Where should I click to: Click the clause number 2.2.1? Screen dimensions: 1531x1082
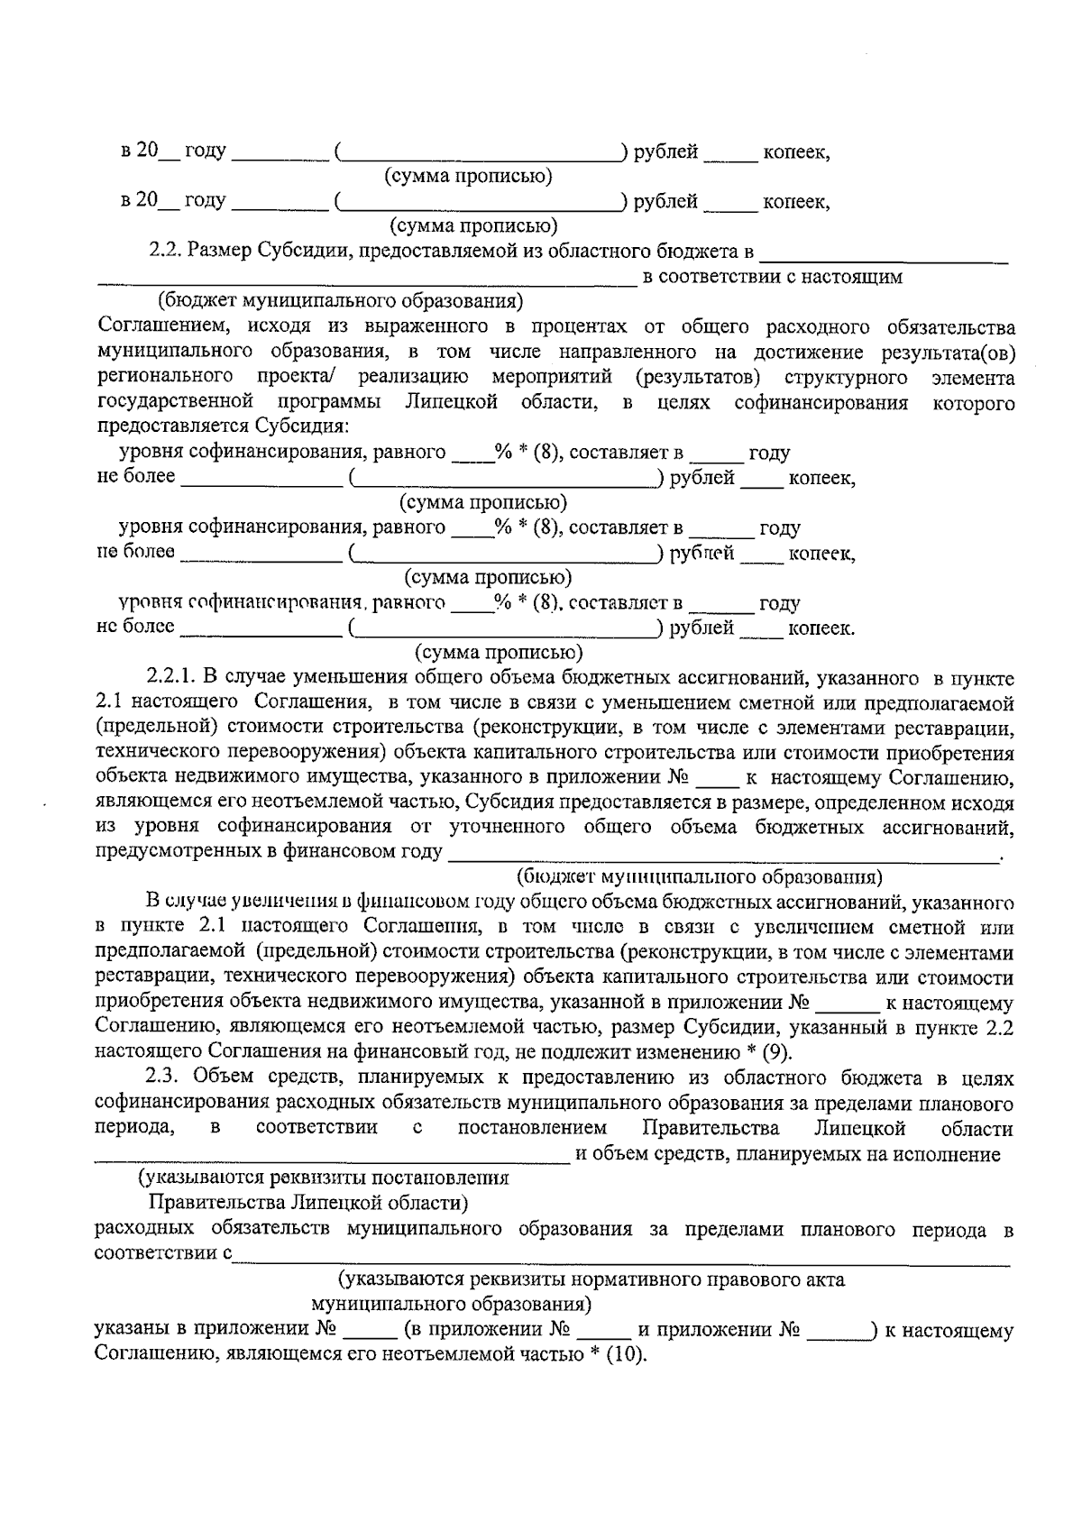click(x=172, y=678)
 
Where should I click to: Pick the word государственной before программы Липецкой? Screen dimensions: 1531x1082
click(x=172, y=402)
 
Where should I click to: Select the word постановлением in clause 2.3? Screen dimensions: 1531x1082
click(x=532, y=1129)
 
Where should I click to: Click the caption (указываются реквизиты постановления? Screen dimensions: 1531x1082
click(x=323, y=1178)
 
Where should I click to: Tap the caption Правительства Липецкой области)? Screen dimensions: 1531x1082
click(x=308, y=1203)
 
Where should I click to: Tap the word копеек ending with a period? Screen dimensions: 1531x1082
click(x=821, y=628)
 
